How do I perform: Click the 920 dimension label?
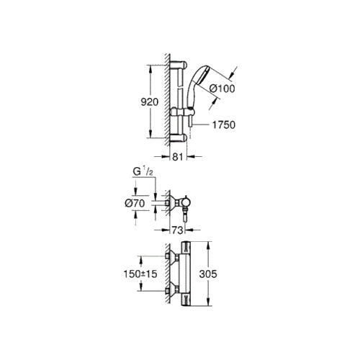(150, 102)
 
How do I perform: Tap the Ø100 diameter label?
(222, 89)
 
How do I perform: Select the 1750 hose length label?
(224, 125)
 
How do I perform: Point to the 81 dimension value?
(178, 157)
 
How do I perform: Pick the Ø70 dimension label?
(135, 204)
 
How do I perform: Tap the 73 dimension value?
(178, 230)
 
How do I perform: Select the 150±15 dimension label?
(140, 274)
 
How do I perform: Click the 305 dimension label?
(208, 274)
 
